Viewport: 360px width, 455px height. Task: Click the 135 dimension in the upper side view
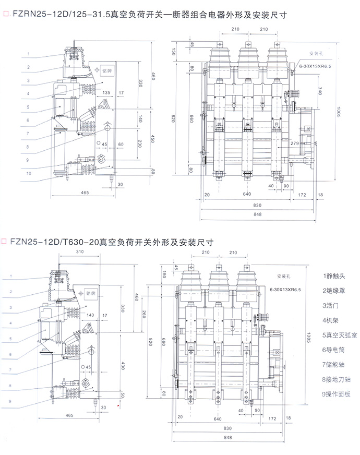point(106,93)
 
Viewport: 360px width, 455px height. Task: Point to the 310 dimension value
point(79,253)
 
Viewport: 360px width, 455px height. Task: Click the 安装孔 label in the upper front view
point(317,54)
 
